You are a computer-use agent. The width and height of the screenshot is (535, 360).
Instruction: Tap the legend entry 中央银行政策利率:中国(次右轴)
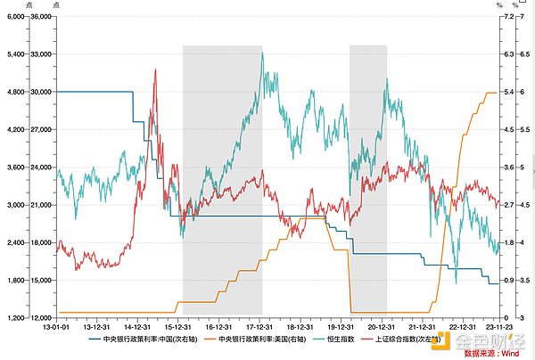coord(150,339)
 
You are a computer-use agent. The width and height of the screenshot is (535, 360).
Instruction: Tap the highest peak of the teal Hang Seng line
coord(262,53)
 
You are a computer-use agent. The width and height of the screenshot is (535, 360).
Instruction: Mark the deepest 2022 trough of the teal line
coord(456,282)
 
